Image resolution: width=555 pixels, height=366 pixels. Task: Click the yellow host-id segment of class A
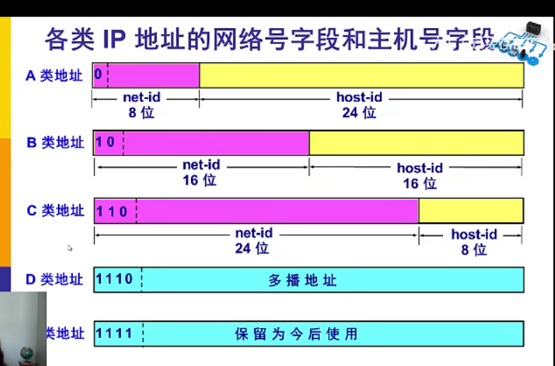click(361, 75)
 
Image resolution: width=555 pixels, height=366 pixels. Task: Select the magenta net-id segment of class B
click(216, 143)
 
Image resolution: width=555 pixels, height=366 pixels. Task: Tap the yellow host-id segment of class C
click(470, 211)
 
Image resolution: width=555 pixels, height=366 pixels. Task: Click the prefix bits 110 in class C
click(113, 211)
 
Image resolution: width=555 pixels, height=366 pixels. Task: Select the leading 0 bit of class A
click(99, 74)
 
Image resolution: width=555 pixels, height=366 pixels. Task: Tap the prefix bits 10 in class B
click(106, 143)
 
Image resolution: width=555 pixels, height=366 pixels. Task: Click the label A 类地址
click(54, 76)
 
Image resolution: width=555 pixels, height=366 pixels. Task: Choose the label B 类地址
click(55, 143)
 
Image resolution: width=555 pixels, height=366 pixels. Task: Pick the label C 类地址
click(55, 211)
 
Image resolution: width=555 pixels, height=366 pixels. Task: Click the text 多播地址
click(302, 281)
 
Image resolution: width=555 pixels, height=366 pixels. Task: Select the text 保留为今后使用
click(296, 334)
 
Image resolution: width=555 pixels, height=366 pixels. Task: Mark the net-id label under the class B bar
click(202, 165)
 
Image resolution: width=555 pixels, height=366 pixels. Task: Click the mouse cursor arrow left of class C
click(69, 247)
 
